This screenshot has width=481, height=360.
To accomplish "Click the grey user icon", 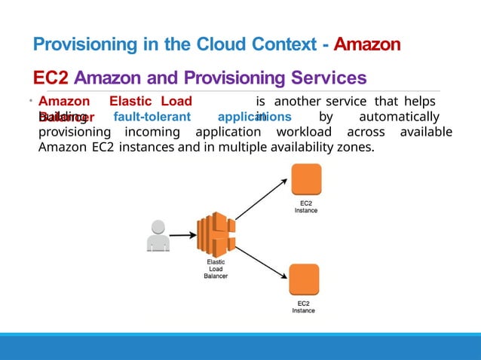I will click(158, 235).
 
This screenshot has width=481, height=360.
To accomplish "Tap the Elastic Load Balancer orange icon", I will click(215, 234).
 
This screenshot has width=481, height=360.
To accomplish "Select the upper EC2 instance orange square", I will click(305, 181).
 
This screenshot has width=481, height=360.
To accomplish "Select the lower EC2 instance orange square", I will click(304, 280).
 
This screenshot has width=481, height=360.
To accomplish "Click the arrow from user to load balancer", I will click(182, 235).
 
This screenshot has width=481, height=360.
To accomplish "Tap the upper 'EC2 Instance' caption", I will click(306, 206).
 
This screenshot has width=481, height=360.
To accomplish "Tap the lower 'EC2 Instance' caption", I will click(304, 307).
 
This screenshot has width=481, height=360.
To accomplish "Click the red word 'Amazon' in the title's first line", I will click(367, 45).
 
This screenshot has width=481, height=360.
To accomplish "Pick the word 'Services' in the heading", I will click(329, 78).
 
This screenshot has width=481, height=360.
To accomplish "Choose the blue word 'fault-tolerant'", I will click(151, 117).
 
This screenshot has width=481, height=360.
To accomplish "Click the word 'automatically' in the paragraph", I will click(399, 117).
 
